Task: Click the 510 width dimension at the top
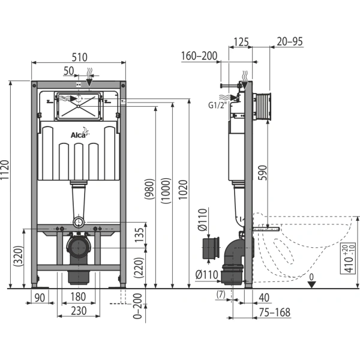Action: [x=79, y=57]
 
